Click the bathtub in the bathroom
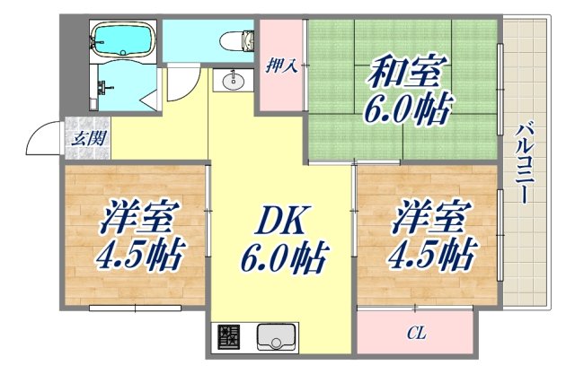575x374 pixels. click(123, 41)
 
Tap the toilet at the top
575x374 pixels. click(236, 40)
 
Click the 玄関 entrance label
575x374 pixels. click(87, 138)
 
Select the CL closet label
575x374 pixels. click(415, 334)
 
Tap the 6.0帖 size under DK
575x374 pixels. click(282, 260)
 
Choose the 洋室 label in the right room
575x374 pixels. click(422, 218)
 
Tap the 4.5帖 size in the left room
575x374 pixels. click(139, 256)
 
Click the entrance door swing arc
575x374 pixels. click(42, 139)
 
